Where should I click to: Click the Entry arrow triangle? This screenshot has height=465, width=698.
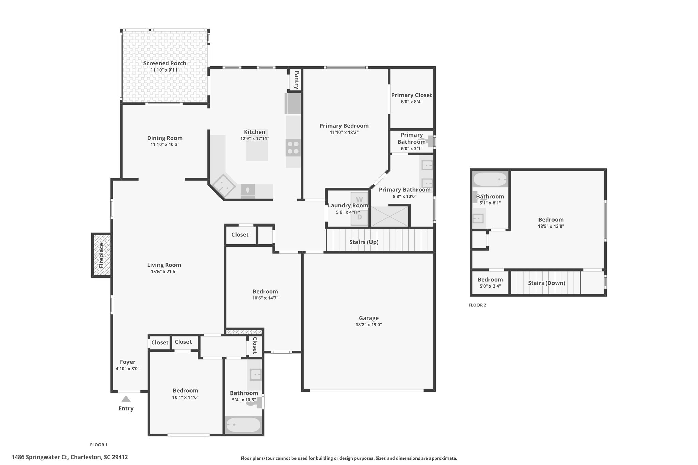[x=126, y=399]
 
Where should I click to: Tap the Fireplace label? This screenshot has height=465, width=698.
[x=101, y=255]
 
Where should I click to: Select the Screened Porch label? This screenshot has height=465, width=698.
[x=165, y=63]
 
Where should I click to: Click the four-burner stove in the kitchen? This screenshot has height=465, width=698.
[x=293, y=148]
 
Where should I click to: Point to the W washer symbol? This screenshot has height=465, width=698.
[x=359, y=199]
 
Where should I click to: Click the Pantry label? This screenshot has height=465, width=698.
[x=297, y=80]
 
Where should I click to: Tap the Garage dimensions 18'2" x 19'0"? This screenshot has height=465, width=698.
[x=369, y=325]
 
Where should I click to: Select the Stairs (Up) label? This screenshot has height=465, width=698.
[x=364, y=242]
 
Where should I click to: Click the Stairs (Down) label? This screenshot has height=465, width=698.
[x=547, y=283]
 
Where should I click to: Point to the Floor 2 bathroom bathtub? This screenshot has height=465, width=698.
[x=490, y=179]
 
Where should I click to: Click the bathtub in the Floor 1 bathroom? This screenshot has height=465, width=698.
[x=243, y=425]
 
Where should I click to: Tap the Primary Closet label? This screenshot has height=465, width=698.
[x=412, y=95]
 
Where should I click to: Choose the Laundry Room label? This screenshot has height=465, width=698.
[x=348, y=205]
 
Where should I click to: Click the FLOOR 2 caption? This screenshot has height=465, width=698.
[x=477, y=305]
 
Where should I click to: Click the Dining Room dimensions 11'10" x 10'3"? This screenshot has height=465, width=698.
[x=165, y=144]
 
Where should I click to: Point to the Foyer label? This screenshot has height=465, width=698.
[x=127, y=362]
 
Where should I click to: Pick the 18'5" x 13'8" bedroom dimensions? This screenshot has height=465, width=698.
[x=551, y=226]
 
